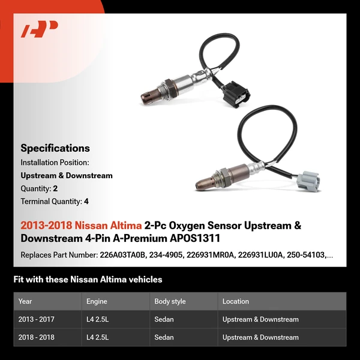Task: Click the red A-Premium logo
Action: [40, 29]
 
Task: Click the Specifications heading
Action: [55, 148]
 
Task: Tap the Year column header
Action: [25, 301]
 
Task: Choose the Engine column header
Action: [97, 301]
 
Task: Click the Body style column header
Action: [170, 301]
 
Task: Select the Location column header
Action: [235, 301]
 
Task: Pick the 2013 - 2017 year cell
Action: [37, 319]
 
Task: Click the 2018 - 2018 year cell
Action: [37, 337]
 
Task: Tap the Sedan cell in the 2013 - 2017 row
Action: [164, 319]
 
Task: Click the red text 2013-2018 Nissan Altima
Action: [81, 226]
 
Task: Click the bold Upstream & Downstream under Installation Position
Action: [67, 175]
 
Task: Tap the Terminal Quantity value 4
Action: [86, 202]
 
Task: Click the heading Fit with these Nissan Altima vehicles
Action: [88, 279]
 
